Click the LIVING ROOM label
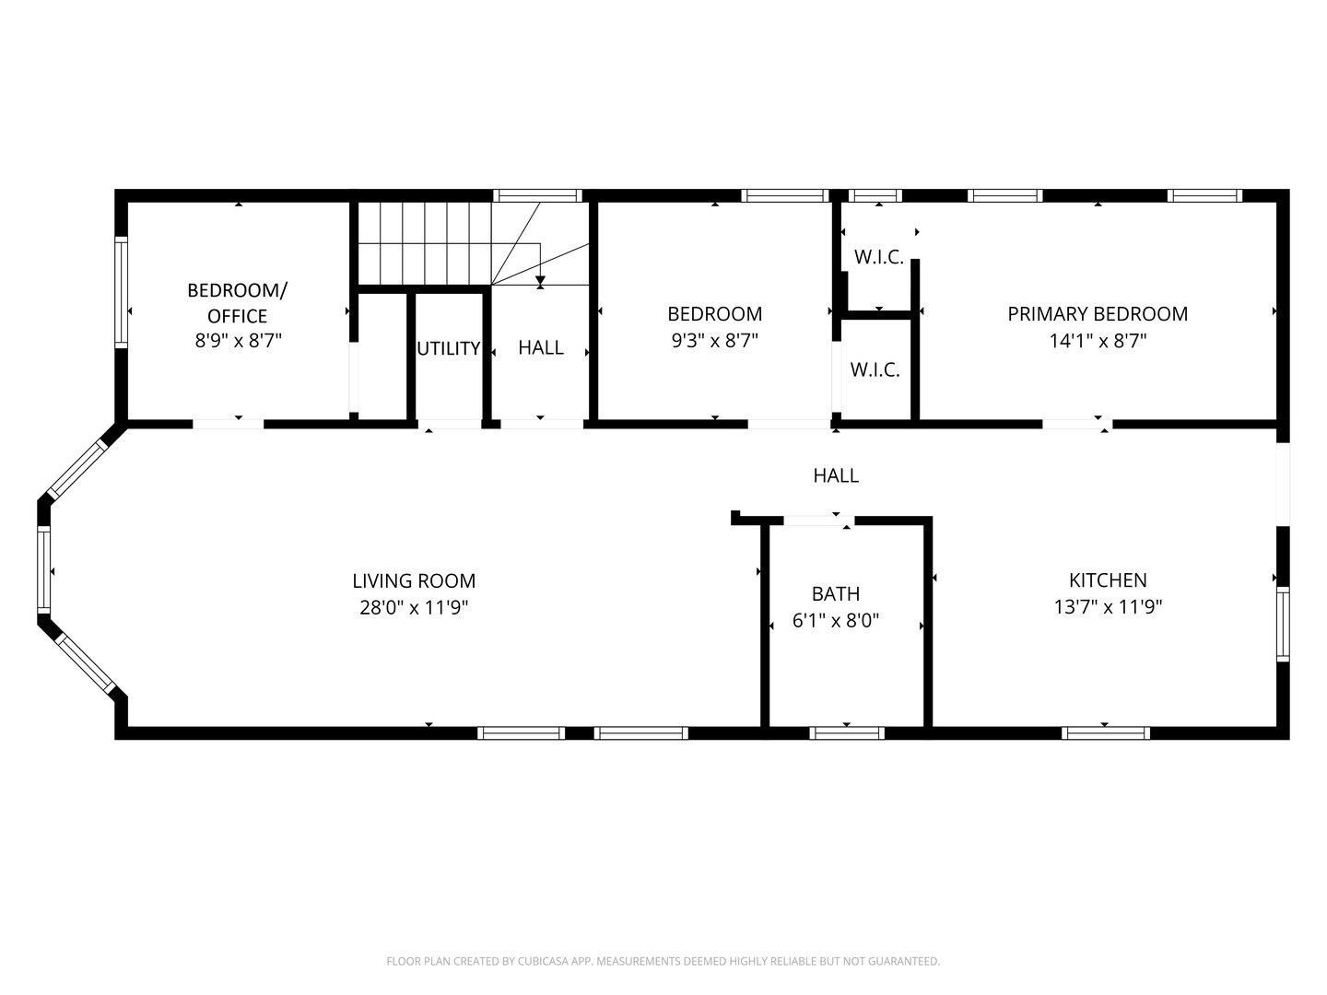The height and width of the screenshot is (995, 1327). (414, 580)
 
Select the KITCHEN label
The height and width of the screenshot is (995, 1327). (1108, 579)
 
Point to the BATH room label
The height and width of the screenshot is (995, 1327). (836, 594)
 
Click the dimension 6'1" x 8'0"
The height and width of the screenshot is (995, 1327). (836, 621)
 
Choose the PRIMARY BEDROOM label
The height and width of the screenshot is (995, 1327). (1098, 314)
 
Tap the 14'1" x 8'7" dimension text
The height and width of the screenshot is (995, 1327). (1098, 341)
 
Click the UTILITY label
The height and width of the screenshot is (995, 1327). (449, 348)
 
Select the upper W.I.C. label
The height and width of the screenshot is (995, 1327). (878, 257)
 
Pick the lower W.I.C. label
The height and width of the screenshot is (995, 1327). (875, 370)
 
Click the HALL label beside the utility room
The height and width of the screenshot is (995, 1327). (541, 347)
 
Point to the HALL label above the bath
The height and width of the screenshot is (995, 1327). (836, 475)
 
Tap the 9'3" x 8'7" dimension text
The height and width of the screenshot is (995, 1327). (714, 341)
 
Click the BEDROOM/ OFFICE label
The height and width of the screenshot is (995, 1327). (237, 302)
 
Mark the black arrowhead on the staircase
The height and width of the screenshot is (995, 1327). (540, 280)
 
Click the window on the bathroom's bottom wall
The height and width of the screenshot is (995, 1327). (847, 733)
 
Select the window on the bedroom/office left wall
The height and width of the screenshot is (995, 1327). (121, 292)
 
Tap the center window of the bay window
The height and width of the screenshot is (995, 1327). (43, 571)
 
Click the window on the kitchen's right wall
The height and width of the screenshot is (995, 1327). (1282, 625)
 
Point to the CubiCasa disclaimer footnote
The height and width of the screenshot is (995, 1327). (663, 961)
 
